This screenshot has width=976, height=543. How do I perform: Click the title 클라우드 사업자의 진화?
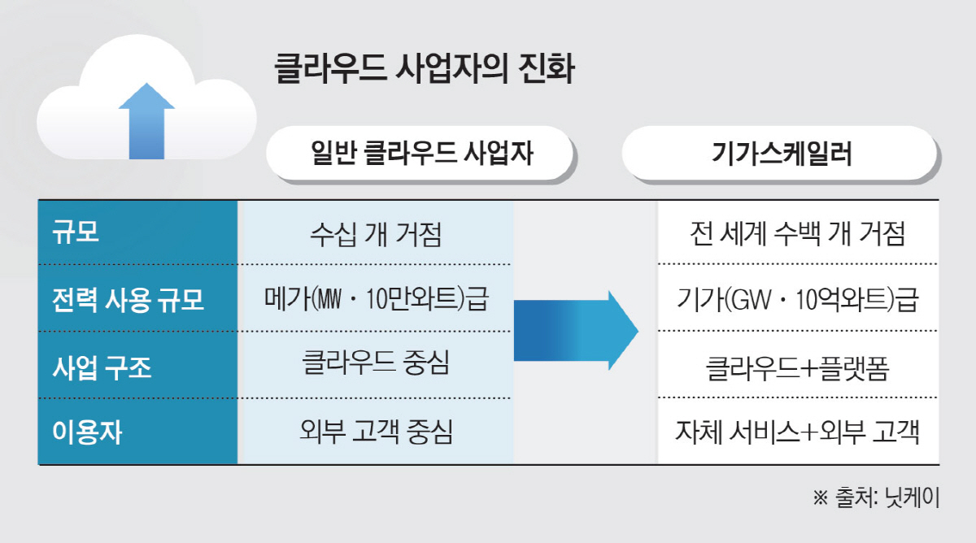[x=425, y=68]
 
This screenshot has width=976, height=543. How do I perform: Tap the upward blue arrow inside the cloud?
[x=147, y=121]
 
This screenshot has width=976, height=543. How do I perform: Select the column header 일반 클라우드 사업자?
[x=422, y=153]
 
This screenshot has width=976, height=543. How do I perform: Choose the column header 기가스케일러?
[x=782, y=153]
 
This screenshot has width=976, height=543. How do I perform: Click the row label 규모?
[x=76, y=232]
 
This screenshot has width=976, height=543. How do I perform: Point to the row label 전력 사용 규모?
[x=128, y=300]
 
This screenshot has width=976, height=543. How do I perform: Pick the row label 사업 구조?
[x=102, y=367]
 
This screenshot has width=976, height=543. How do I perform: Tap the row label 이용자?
[x=87, y=432]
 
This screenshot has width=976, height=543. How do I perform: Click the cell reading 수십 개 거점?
[x=376, y=234]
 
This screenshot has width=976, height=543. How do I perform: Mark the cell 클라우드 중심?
[x=376, y=363]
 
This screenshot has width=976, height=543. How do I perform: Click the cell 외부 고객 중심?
[x=376, y=432]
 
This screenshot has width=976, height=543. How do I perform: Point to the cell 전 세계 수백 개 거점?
[x=797, y=234]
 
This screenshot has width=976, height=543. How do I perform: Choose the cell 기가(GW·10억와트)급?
[x=797, y=300]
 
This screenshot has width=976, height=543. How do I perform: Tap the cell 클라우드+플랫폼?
[x=797, y=368]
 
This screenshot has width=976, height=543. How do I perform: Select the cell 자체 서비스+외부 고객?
[x=797, y=432]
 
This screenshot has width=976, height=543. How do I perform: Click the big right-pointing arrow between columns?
[x=576, y=331]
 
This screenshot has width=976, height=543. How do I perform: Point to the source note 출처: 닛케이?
[x=876, y=497]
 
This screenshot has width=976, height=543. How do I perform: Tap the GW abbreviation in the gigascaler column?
[x=750, y=300]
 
